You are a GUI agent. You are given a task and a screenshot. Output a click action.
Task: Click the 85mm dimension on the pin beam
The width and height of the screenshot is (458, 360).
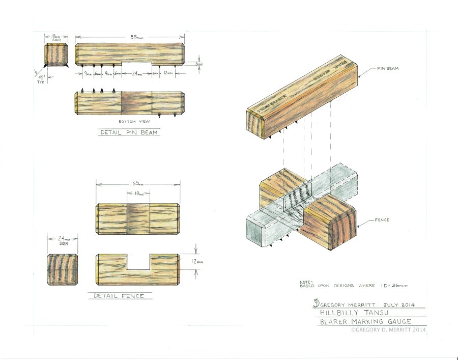(x=130, y=37)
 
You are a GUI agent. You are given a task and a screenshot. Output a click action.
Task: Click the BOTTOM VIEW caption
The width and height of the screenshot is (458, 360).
(x=130, y=122)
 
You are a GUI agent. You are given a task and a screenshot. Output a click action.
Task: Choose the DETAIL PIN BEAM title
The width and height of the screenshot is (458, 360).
(x=128, y=133)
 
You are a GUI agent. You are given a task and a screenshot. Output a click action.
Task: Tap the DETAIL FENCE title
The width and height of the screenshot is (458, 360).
(x=120, y=296)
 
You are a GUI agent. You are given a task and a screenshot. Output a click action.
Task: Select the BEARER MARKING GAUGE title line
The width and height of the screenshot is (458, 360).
(x=364, y=322)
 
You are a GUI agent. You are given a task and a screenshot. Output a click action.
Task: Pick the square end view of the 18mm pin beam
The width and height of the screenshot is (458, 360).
(x=56, y=55)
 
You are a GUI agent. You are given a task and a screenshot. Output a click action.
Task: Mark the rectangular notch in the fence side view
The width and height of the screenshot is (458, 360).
(x=138, y=261)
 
